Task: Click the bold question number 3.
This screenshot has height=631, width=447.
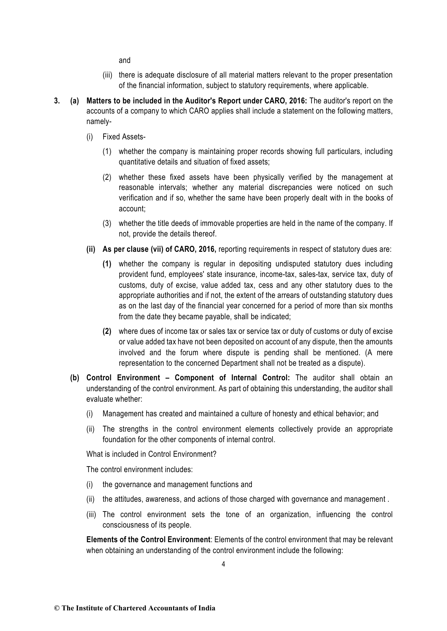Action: pos(57,101)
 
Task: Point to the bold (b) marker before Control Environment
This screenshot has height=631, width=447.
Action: pos(75,378)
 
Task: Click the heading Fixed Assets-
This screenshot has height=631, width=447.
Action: pos(124,137)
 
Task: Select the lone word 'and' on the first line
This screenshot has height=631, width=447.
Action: pos(125,60)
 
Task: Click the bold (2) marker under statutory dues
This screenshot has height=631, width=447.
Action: pos(107,332)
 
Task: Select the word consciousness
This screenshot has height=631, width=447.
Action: pos(126,525)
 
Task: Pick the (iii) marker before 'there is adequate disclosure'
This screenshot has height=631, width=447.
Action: pos(108,75)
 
